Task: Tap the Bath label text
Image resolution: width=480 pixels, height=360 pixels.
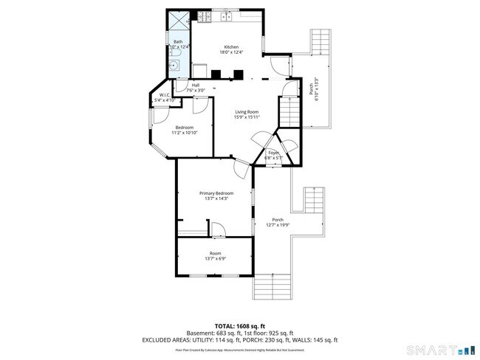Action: tap(178, 41)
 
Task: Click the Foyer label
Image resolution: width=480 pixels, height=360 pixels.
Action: tap(273, 153)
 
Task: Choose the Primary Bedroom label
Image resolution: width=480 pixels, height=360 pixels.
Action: tap(216, 193)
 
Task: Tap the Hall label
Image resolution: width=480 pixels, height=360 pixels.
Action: tap(196, 85)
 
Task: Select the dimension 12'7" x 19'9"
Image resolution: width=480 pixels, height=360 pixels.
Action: tap(278, 225)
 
